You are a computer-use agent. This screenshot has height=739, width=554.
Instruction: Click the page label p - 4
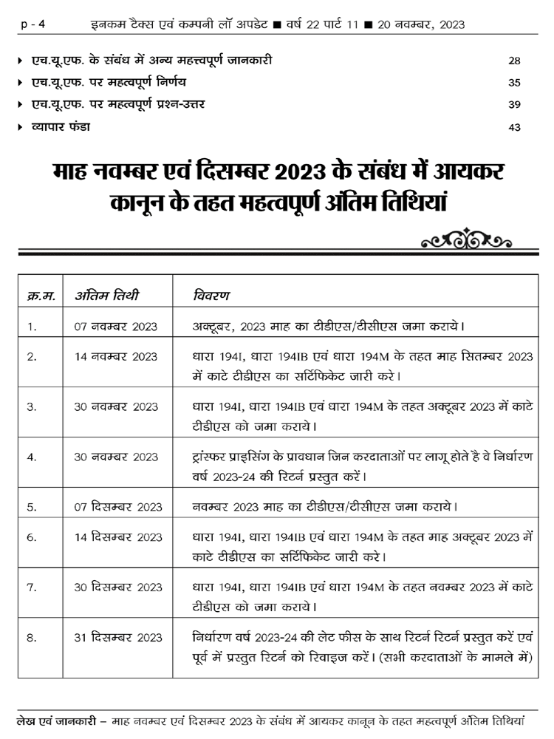click(33, 24)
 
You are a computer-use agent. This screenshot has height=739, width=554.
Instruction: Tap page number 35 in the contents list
click(515, 82)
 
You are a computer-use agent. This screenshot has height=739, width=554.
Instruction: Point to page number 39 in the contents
click(515, 104)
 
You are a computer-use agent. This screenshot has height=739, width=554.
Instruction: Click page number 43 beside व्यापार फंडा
click(515, 127)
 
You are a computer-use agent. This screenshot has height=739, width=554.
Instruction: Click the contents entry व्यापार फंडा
click(61, 127)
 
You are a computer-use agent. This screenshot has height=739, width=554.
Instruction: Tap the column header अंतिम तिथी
click(107, 296)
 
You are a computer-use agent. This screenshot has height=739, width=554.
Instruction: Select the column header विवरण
click(211, 296)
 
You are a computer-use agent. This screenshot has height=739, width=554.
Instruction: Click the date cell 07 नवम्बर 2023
click(116, 325)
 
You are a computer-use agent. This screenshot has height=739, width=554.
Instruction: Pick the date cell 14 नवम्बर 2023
click(116, 357)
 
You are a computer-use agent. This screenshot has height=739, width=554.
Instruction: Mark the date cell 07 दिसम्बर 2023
click(118, 507)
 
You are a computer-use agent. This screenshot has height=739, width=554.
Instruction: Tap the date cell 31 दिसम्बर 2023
click(118, 638)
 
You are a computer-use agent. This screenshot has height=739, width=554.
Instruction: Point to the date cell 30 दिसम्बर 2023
click(118, 588)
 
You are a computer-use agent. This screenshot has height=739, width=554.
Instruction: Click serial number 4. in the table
click(32, 457)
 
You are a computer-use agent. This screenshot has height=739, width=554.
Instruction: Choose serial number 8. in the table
click(32, 638)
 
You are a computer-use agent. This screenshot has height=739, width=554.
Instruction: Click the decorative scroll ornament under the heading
click(466, 240)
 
